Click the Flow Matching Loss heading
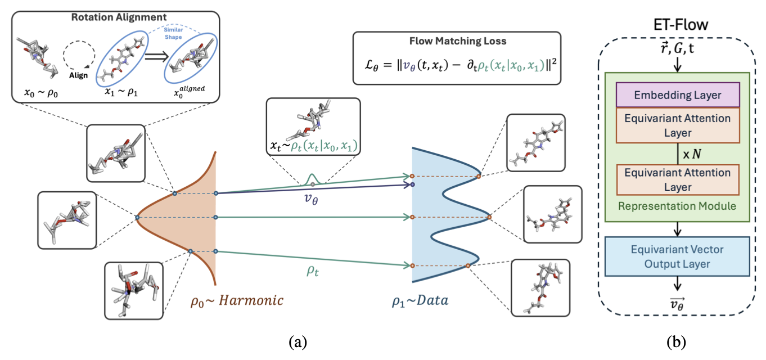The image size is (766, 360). click(x=457, y=42)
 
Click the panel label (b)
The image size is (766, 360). click(x=677, y=341)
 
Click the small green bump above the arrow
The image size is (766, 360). click(x=313, y=179)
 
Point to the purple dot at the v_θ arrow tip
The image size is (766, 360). click(x=412, y=184)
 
